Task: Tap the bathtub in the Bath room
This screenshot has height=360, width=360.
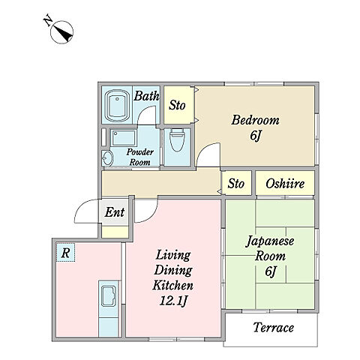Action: pyautogui.click(x=117, y=106)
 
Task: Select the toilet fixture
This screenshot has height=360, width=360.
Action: pyautogui.click(x=177, y=140)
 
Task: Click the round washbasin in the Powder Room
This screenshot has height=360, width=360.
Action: pyautogui.click(x=108, y=158)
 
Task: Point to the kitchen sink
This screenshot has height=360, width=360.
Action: pyautogui.click(x=108, y=296)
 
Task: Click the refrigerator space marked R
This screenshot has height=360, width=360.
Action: pyautogui.click(x=65, y=253)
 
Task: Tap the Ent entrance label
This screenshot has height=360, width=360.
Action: pyautogui.click(x=115, y=212)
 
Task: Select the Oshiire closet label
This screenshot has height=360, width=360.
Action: pyautogui.click(x=285, y=184)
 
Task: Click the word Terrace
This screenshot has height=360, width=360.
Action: pyautogui.click(x=274, y=328)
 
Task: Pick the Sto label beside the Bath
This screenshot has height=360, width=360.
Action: pyautogui.click(x=177, y=105)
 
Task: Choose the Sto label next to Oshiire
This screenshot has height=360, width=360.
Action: pyautogui.click(x=235, y=184)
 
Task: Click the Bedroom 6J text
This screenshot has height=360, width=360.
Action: pyautogui.click(x=255, y=127)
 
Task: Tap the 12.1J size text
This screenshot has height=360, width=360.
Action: pyautogui.click(x=173, y=301)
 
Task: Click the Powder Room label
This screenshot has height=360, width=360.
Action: pyautogui.click(x=140, y=157)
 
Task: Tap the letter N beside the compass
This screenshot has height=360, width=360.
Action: pyautogui.click(x=48, y=21)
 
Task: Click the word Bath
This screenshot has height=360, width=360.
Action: pyautogui.click(x=146, y=96)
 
